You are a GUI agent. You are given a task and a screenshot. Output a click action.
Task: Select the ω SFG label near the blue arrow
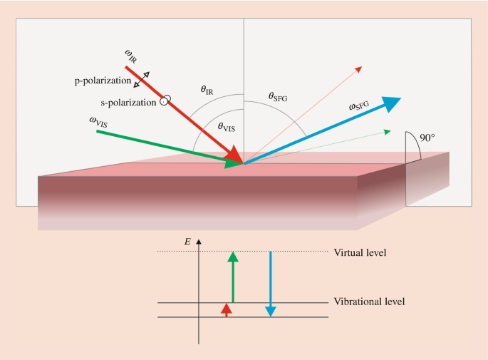point(359,106)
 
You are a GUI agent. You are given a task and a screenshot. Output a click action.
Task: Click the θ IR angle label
point(208,90)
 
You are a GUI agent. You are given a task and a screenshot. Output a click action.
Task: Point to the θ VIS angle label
point(226,125)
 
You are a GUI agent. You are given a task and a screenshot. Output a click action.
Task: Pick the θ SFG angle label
point(277,96)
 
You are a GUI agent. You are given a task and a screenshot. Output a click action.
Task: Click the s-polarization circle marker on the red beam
point(165,101)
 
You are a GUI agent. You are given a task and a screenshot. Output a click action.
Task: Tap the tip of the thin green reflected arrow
point(388,131)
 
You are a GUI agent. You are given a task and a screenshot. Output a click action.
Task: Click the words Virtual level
point(360,252)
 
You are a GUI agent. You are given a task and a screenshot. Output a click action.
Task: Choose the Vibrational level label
point(369,302)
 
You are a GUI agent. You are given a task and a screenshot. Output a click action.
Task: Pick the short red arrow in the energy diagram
point(227,309)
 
